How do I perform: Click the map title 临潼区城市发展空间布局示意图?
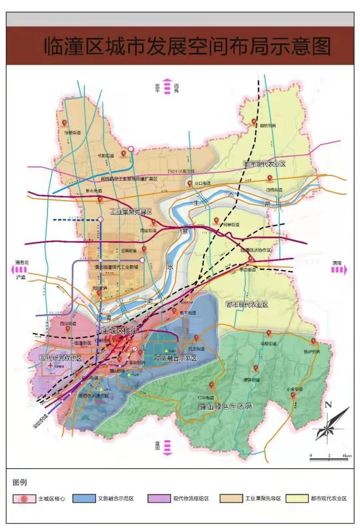187,46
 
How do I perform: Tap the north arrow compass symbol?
330,423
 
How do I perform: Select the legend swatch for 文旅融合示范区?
84,498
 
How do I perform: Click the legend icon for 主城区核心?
24,498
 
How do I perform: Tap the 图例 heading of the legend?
20,482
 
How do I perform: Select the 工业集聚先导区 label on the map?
130,212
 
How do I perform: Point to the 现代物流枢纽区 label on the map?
61,359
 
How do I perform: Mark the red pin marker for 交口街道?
190,183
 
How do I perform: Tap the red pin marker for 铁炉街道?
313,342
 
